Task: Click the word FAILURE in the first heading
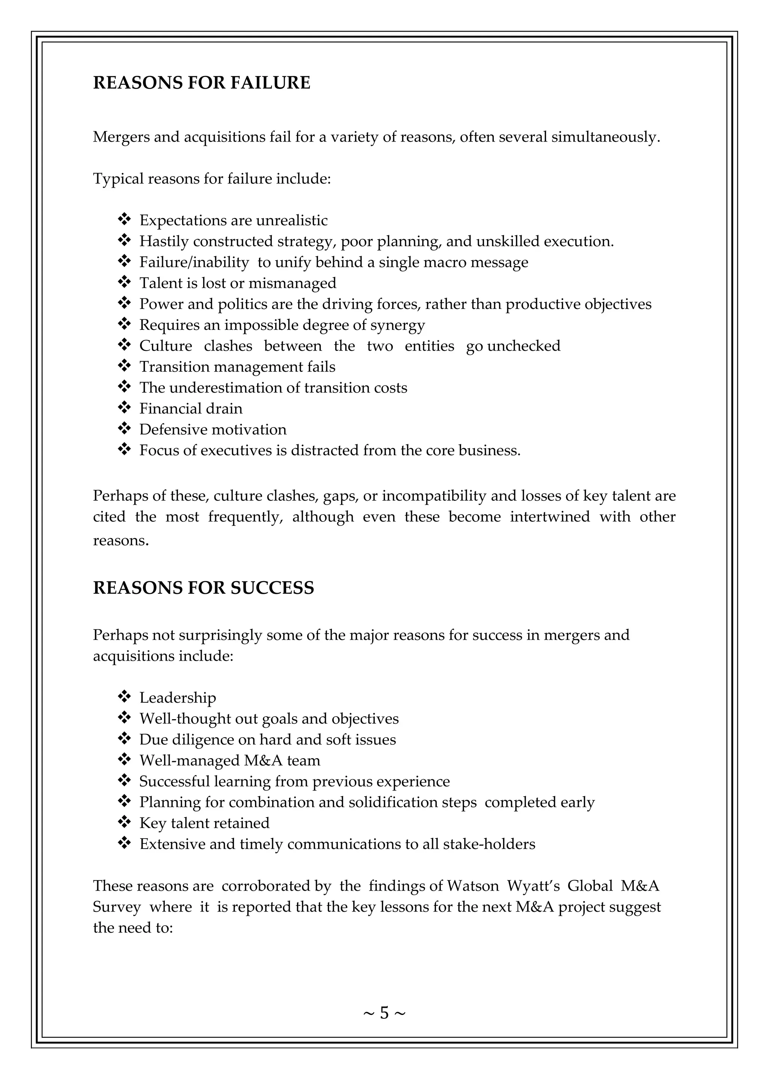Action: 270,83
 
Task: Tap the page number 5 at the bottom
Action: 384,1013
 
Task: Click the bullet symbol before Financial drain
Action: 124,407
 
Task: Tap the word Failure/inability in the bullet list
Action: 194,262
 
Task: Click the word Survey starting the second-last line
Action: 116,906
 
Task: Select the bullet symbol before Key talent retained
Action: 124,822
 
